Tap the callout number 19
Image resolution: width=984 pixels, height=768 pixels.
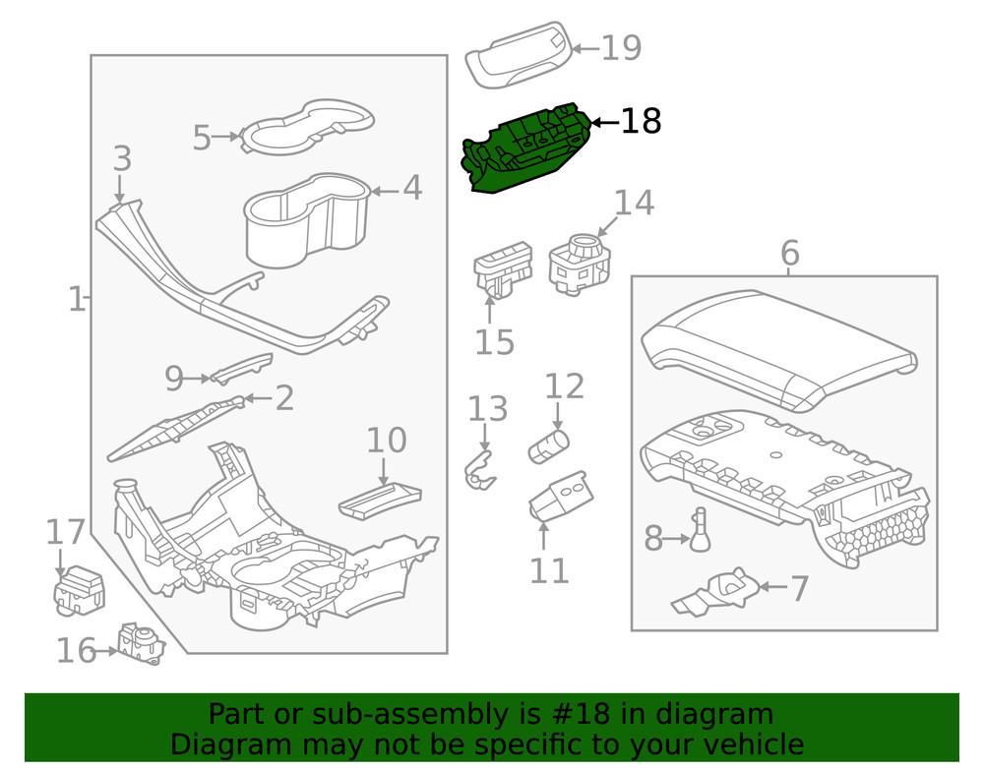pyautogui.click(x=621, y=47)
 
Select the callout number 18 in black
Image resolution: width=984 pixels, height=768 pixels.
pyautogui.click(x=641, y=122)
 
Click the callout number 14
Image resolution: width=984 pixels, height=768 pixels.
pyautogui.click(x=633, y=203)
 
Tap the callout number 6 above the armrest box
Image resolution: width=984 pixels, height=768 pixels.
pyautogui.click(x=789, y=254)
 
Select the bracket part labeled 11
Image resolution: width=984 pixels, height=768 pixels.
pyautogui.click(x=559, y=498)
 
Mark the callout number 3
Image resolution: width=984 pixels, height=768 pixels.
pyautogui.click(x=121, y=159)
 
